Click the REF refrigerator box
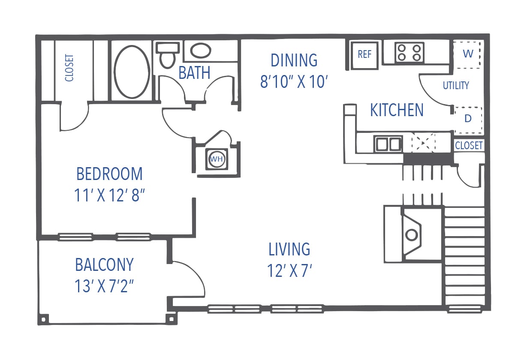pyautogui.click(x=364, y=55)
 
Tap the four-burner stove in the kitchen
pyautogui.click(x=409, y=53)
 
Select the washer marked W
pyautogui.click(x=468, y=54)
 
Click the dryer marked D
pyautogui.click(x=468, y=119)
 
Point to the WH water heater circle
pyautogui.click(x=217, y=159)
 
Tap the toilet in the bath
pyautogui.click(x=166, y=55)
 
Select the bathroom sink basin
pyautogui.click(x=201, y=51)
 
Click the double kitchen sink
pyautogui.click(x=388, y=144)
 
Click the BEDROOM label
pyautogui.click(x=109, y=174)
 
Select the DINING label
pyautogui.click(x=294, y=60)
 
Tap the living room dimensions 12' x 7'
pyautogui.click(x=289, y=271)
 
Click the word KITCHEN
pyautogui.click(x=397, y=110)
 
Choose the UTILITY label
pyautogui.click(x=456, y=85)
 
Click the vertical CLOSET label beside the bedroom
pyautogui.click(x=69, y=68)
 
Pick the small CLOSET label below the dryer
pyautogui.click(x=469, y=145)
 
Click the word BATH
pyautogui.click(x=194, y=73)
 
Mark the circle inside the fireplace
pyautogui.click(x=412, y=234)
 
